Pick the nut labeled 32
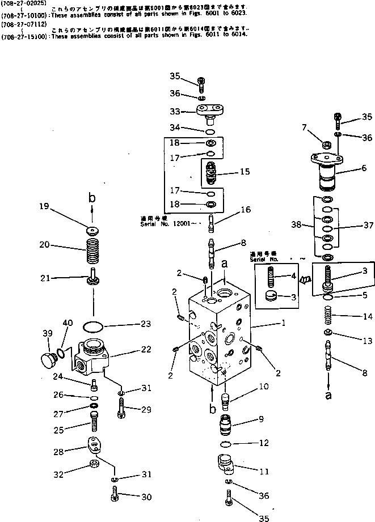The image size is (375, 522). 93,466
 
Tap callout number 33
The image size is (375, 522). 174,111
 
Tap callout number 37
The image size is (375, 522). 368,225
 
